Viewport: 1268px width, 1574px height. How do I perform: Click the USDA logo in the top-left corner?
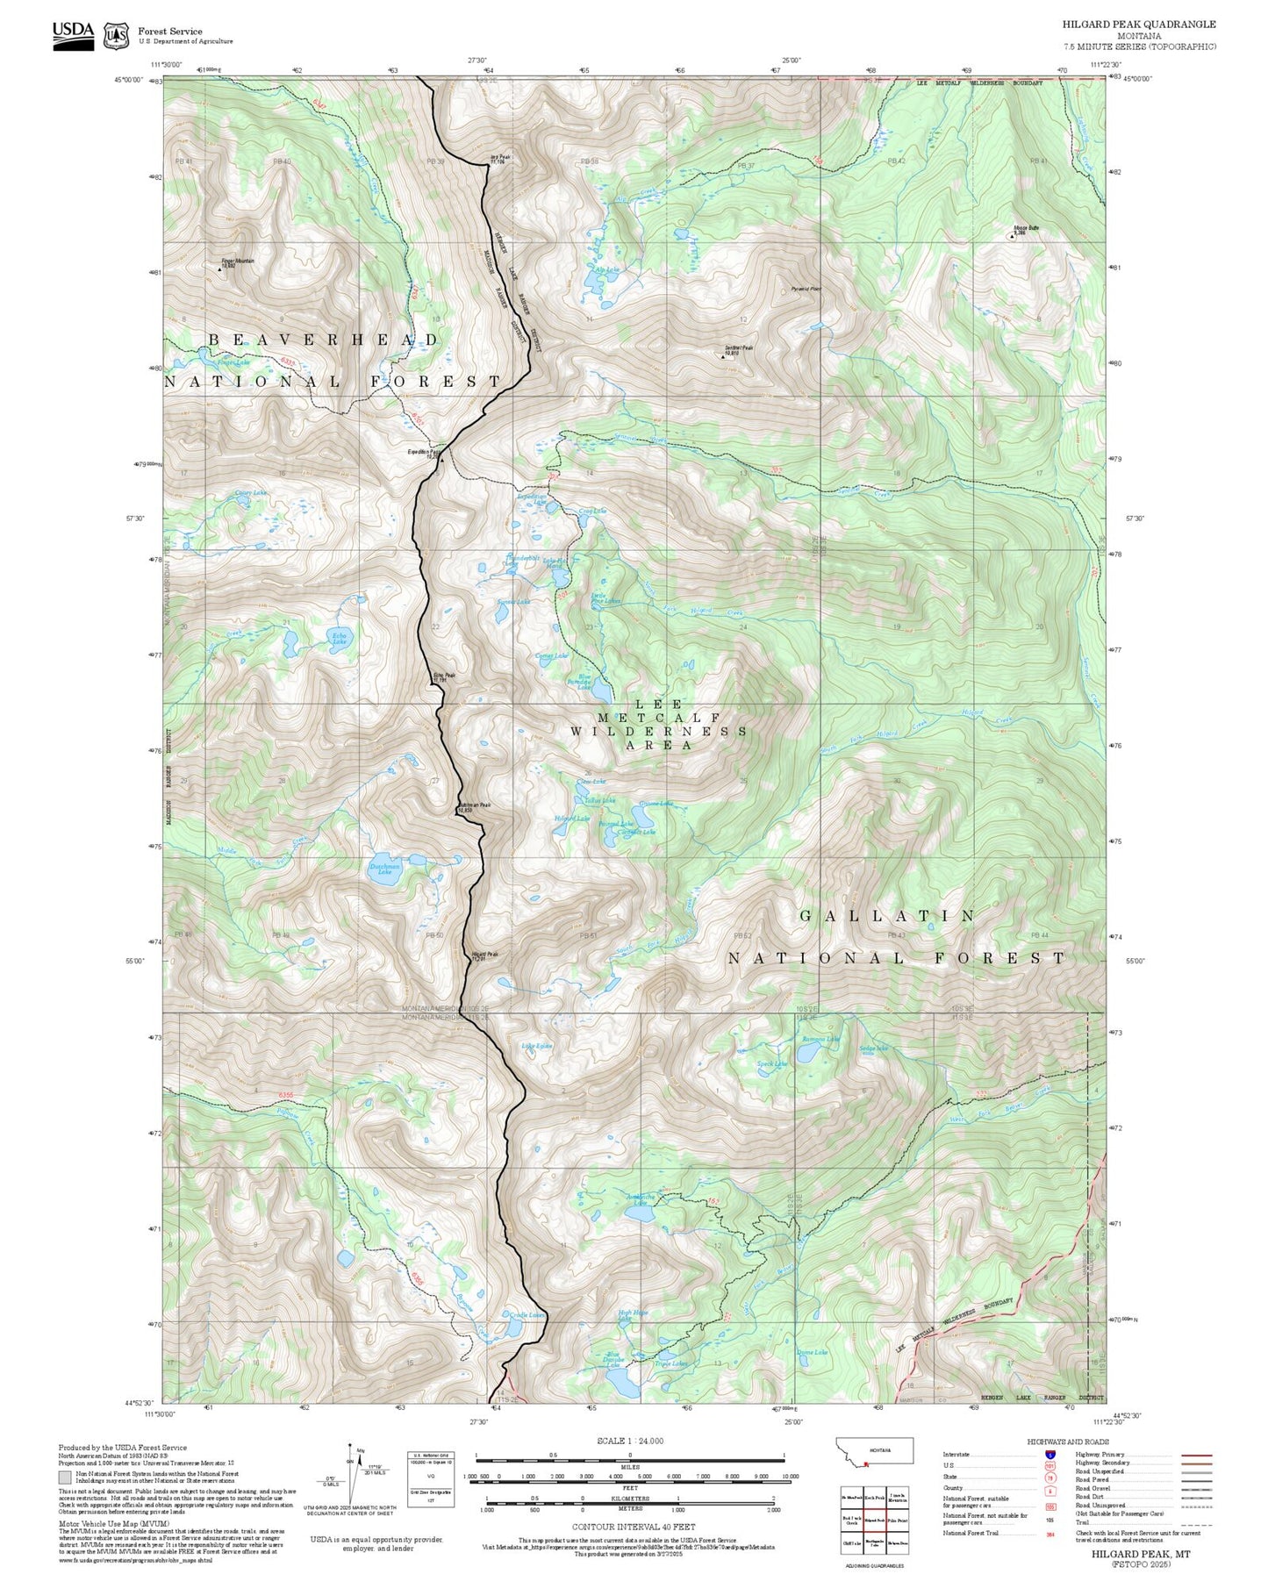pyautogui.click(x=73, y=33)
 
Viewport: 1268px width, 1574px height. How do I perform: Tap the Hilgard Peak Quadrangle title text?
pyautogui.click(x=1139, y=25)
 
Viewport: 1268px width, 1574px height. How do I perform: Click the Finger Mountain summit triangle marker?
pyautogui.click(x=219, y=268)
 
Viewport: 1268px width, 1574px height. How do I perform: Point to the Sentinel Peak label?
pyautogui.click(x=738, y=349)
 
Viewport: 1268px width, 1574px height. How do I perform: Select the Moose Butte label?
pyautogui.click(x=1026, y=228)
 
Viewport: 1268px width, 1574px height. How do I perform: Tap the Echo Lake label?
pyautogui.click(x=339, y=638)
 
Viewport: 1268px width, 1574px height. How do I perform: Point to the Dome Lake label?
pyautogui.click(x=812, y=1352)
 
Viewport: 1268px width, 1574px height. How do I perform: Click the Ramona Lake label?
pyautogui.click(x=820, y=1039)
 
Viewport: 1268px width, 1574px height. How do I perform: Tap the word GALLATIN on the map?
pyautogui.click(x=887, y=916)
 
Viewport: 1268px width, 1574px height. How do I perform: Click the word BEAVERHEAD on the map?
pyautogui.click(x=324, y=340)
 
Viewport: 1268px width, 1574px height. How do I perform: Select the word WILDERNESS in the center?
pyautogui.click(x=659, y=731)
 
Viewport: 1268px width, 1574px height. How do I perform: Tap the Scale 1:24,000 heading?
pyautogui.click(x=630, y=1441)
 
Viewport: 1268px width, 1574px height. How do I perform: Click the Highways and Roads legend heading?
pyautogui.click(x=1068, y=1442)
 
